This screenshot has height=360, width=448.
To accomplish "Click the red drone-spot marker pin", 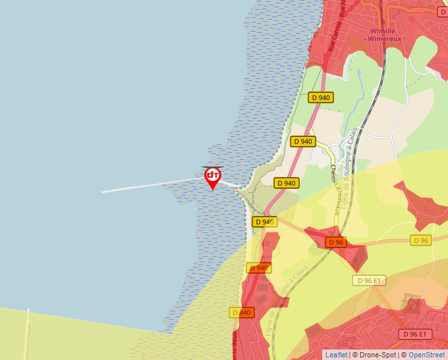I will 213,176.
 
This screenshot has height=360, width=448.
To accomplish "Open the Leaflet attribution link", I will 336,355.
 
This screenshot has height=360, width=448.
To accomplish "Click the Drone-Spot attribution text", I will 375,355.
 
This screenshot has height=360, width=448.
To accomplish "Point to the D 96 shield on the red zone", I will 336,242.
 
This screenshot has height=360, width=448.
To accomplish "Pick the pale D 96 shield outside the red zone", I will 420,240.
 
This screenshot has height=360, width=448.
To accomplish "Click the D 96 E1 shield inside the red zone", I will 412,334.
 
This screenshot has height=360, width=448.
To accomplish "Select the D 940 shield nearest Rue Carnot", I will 321,97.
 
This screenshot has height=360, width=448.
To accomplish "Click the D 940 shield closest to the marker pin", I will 287,183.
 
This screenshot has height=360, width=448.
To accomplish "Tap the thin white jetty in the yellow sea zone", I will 27,332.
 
